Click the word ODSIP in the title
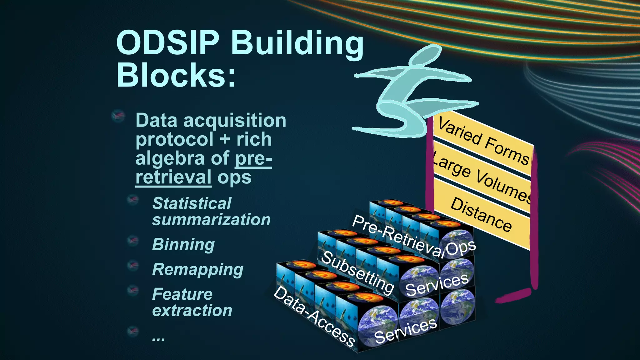click(168, 42)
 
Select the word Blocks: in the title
click(176, 75)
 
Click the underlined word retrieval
click(173, 177)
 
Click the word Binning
click(183, 244)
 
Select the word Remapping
click(197, 269)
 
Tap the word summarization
click(211, 219)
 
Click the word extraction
click(192, 310)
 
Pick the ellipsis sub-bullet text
click(158, 337)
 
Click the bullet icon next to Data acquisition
click(118, 116)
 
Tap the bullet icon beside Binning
click(133, 241)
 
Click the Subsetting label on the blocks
click(357, 272)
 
